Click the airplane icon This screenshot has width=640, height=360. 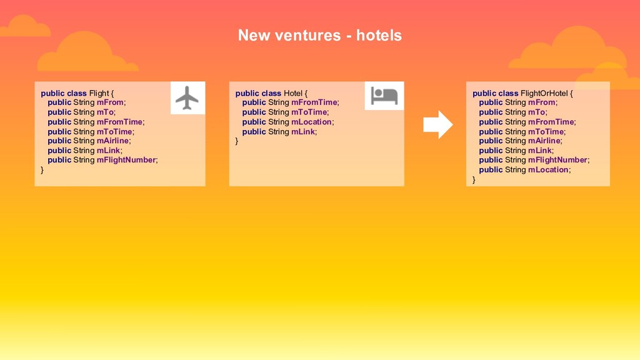pos(187,98)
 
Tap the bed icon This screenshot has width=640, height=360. pos(384,96)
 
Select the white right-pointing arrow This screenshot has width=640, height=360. pos(437,125)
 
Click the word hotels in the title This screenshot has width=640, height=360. pos(379,35)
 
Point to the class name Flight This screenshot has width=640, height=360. pos(99,93)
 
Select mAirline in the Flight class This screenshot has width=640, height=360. pos(112,141)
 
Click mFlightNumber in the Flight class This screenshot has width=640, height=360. pos(126,160)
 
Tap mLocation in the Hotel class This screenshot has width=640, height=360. pos(311,122)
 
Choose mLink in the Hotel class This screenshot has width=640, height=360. pos(303,131)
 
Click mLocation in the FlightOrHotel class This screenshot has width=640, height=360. pos(548,169)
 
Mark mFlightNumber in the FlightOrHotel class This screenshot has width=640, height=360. pos(557,160)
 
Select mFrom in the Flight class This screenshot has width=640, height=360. pos(110,102)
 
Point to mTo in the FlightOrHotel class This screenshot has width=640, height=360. pos(536,112)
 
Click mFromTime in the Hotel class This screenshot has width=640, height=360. pos(314,102)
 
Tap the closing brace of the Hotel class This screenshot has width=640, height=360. pos(237,141)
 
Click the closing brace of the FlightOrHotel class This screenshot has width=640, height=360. pos(474,179)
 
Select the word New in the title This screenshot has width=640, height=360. pos(254,35)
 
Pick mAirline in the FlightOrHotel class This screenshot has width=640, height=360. pos(544,141)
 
